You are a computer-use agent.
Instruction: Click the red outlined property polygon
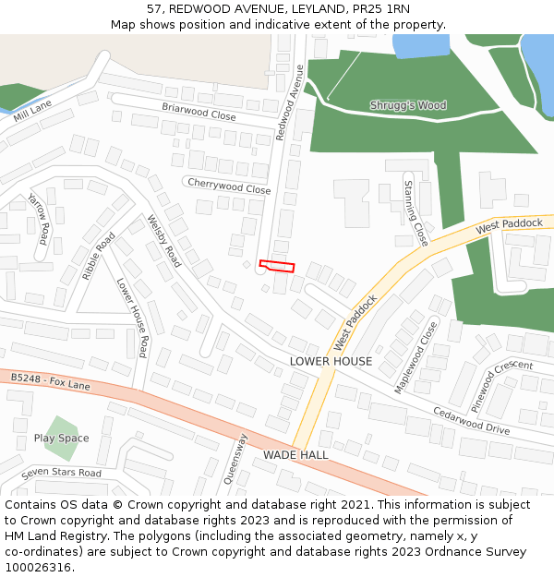tap(277, 266)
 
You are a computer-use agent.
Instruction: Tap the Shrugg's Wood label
tap(408, 105)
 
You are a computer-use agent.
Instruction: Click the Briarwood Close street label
tap(199, 112)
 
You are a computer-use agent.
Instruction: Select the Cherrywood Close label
tap(229, 186)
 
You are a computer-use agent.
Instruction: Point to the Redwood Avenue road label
tap(290, 102)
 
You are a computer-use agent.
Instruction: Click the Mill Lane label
tap(33, 111)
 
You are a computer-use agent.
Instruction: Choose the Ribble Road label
tap(99, 256)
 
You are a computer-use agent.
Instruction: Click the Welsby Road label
tap(164, 241)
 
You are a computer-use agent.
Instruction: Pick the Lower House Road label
tap(132, 318)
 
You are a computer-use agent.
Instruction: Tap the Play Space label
tap(61, 439)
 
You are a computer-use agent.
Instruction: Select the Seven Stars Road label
tap(61, 473)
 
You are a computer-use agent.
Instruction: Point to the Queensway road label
tap(236, 459)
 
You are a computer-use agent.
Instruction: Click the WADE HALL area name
tap(295, 455)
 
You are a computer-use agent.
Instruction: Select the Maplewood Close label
tap(416, 357)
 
